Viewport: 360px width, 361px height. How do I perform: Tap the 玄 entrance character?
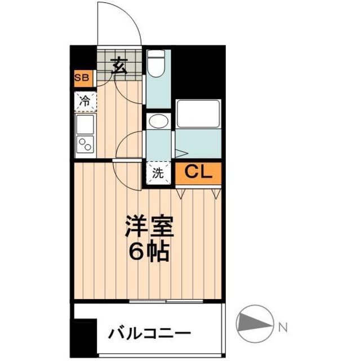(118, 66)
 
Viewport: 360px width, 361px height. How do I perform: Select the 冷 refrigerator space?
(85, 102)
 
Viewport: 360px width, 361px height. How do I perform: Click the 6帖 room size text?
(149, 251)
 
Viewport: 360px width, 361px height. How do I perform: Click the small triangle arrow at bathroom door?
(181, 152)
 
